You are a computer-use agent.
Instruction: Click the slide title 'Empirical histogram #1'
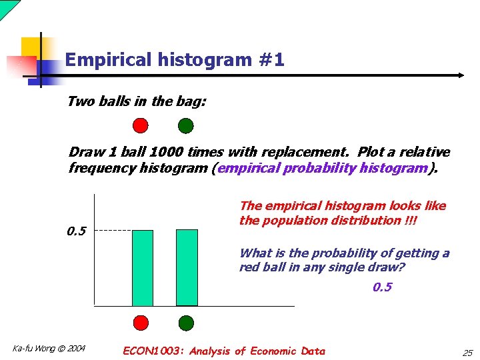coord(175,60)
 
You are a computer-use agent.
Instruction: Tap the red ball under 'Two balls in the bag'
coord(141,125)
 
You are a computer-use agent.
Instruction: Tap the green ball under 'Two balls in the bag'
coord(186,125)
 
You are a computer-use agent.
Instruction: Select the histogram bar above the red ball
coord(142,267)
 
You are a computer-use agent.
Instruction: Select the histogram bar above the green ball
coord(187,267)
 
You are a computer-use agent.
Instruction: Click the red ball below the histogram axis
coord(141,323)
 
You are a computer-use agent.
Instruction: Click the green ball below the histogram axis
coord(186,323)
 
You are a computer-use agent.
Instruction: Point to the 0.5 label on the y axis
coord(77,231)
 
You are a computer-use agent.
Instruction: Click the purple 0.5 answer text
coord(382,287)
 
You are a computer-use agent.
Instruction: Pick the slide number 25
coord(467,352)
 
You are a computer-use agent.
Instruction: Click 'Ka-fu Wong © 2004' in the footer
coord(49,348)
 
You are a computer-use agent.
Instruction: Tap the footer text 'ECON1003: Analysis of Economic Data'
coord(224,351)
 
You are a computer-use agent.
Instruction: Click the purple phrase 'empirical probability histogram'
coord(322,168)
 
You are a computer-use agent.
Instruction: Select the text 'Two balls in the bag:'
coord(137,101)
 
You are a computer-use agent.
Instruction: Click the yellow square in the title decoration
coord(31,47)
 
